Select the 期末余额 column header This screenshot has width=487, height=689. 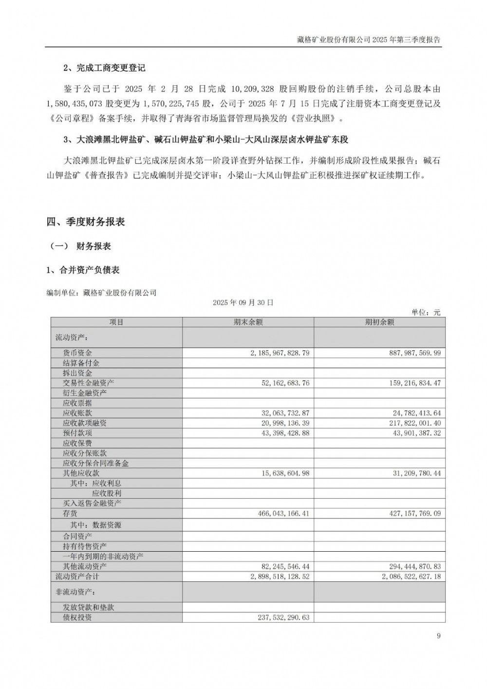[x=248, y=322]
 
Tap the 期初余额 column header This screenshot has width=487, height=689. [x=379, y=322]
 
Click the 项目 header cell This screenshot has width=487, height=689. [x=116, y=322]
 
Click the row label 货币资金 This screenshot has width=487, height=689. [x=77, y=353]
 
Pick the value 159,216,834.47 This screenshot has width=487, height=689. [x=405, y=383]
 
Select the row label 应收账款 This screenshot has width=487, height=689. [x=77, y=413]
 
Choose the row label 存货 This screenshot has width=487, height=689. [x=70, y=513]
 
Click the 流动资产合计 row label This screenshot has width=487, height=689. [x=77, y=577]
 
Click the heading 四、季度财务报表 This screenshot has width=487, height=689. [x=86, y=222]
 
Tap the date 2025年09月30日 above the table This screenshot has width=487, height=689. [x=243, y=302]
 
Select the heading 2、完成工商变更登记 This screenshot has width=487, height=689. [x=104, y=68]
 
